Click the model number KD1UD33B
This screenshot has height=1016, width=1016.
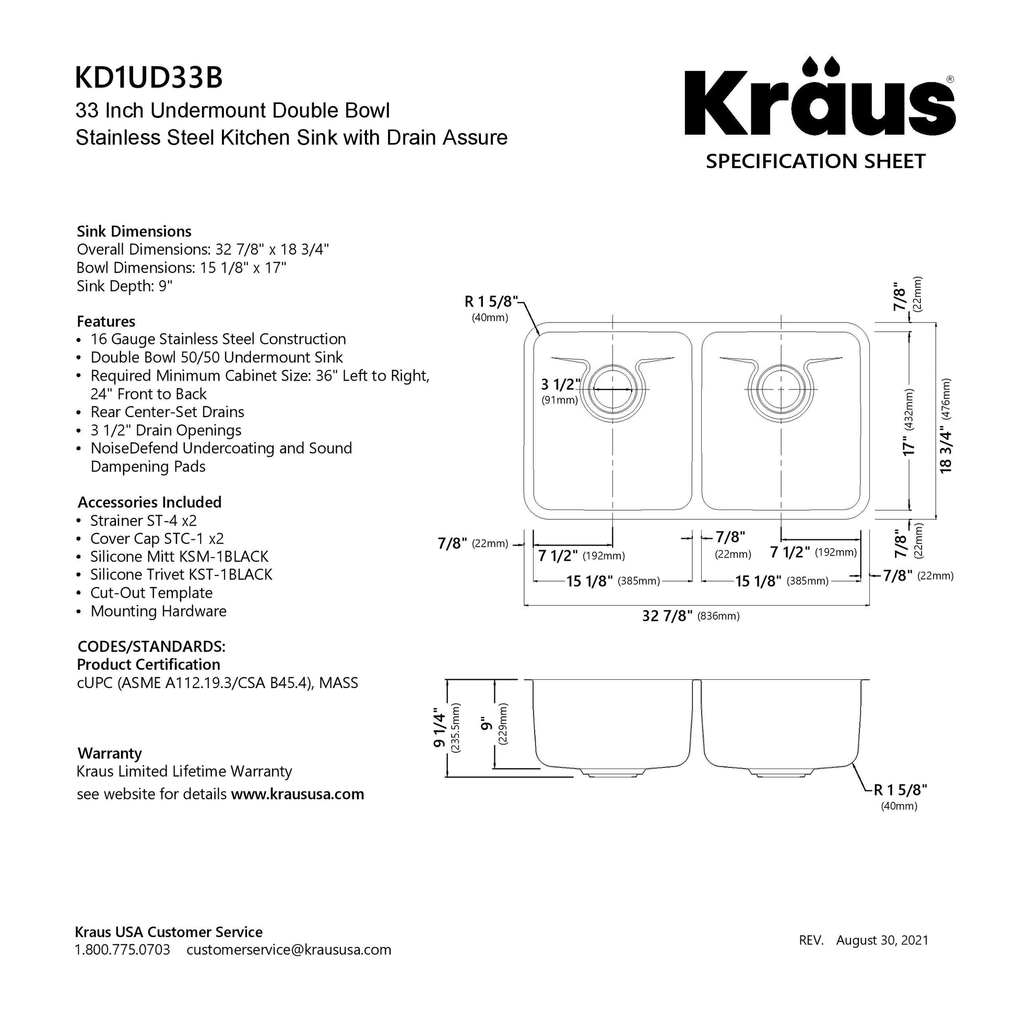click(x=149, y=77)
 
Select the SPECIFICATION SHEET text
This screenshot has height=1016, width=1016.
click(x=816, y=161)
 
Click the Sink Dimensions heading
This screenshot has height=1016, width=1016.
click(x=134, y=231)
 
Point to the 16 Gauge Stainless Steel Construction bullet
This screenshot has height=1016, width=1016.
click(x=218, y=339)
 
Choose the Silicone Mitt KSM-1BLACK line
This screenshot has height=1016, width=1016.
click(x=179, y=557)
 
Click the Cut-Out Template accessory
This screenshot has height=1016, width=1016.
click(x=151, y=593)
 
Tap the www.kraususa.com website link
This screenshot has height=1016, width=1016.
click(x=298, y=794)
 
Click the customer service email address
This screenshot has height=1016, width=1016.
click(x=289, y=950)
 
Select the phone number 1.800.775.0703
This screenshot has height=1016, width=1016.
click(x=123, y=950)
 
